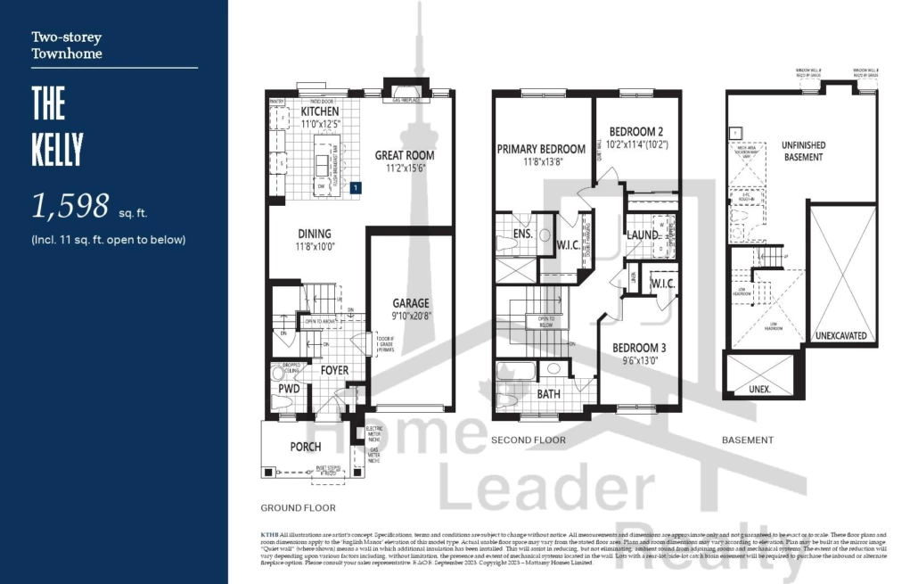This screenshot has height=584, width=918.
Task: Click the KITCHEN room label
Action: (319, 112)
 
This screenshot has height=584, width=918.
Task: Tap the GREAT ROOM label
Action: (405, 155)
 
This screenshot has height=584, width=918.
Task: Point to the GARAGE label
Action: (411, 303)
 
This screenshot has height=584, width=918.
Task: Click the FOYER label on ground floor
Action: (335, 371)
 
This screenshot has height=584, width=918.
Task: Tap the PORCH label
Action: (306, 447)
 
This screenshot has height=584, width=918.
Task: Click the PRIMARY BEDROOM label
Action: (541, 149)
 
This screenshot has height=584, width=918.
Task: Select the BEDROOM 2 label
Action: (636, 131)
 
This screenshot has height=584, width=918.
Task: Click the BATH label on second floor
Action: (550, 393)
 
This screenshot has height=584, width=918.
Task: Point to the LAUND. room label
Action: (642, 235)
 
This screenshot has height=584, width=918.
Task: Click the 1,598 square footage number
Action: (70, 206)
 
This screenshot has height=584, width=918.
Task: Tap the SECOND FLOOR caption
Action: (528, 440)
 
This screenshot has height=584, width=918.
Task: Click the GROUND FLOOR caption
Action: (298, 508)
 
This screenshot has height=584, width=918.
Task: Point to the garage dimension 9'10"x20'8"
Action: (411, 315)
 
